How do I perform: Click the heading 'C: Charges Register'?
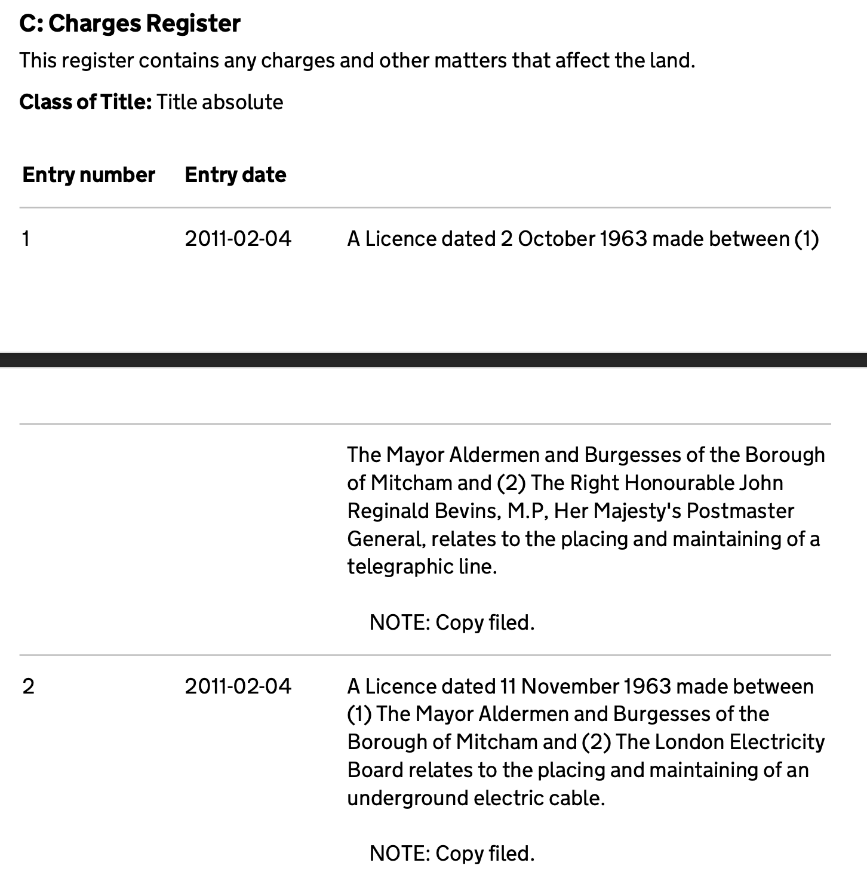(130, 24)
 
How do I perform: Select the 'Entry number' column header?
(88, 175)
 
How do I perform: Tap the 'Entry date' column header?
(235, 175)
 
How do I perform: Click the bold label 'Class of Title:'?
(86, 102)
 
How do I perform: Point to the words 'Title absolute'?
(220, 102)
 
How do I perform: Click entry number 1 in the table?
(26, 239)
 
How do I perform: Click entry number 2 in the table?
(28, 686)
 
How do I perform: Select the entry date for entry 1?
(238, 239)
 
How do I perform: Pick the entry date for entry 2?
(238, 686)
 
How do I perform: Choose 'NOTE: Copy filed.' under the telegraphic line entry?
(452, 623)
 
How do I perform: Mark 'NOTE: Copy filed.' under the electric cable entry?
(452, 854)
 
